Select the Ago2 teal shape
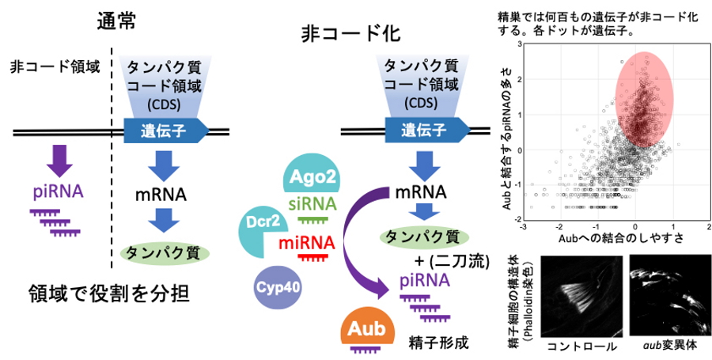[x=314, y=176]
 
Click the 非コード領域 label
[x=55, y=66]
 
